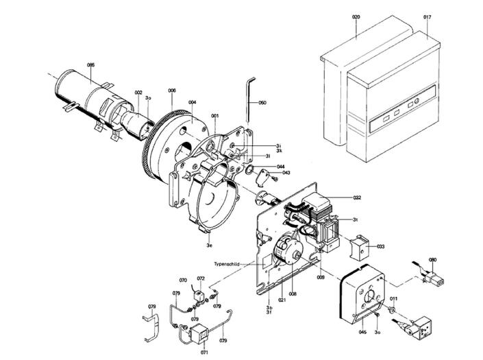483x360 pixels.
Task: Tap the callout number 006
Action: coord(172,91)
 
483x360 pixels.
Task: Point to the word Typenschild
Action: coord(226,263)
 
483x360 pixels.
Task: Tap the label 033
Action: coord(380,245)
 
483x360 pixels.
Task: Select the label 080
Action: coord(432,259)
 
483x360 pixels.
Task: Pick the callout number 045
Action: coord(362,333)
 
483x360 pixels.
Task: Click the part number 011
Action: coord(394,299)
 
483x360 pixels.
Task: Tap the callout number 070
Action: coord(183,280)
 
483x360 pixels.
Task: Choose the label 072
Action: coord(201,278)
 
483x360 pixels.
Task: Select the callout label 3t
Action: coord(356,219)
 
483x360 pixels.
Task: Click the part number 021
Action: coord(281,300)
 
